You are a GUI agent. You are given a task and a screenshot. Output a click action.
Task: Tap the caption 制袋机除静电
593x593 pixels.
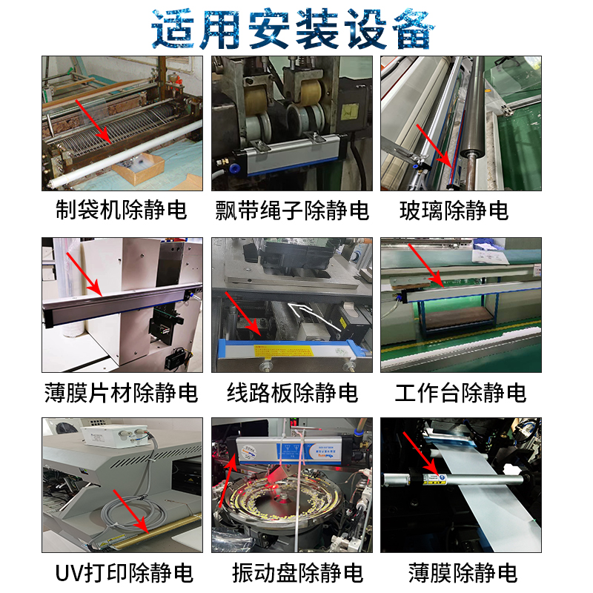coord(122,210)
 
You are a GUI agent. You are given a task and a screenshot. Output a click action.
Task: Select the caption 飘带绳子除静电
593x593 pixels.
coord(292,211)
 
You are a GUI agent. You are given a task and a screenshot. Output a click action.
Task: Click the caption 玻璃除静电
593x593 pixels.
coord(454,210)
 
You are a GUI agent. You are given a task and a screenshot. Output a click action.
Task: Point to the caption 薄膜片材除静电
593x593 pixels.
coord(122,392)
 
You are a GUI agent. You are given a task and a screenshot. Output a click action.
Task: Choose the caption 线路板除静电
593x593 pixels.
coord(292,392)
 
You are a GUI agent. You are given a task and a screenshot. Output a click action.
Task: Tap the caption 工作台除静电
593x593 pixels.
coord(460,392)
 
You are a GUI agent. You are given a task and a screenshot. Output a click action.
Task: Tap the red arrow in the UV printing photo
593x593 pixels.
coord(134,512)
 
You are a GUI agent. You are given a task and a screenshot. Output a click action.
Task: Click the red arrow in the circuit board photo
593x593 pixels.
coord(245,315)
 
